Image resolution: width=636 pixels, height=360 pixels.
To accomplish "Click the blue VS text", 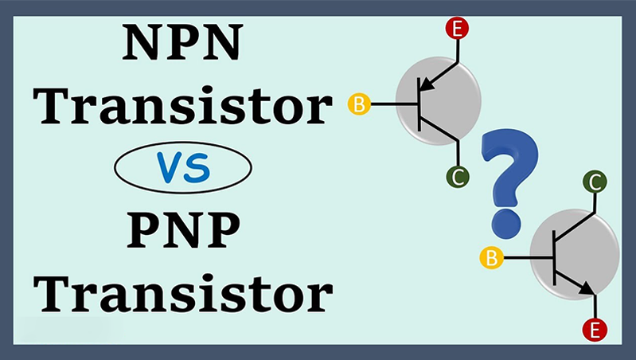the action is click(182, 166).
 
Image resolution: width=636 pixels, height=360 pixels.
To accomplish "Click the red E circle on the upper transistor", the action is click(458, 30).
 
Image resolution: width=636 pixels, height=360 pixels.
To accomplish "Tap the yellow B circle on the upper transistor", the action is click(360, 104).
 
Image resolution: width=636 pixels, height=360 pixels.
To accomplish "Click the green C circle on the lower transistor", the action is click(595, 182).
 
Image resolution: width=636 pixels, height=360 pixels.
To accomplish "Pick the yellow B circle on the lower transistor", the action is click(492, 257).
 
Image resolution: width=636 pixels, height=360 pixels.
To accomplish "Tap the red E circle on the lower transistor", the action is click(592, 328).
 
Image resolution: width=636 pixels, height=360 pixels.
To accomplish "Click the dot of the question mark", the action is click(501, 220).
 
